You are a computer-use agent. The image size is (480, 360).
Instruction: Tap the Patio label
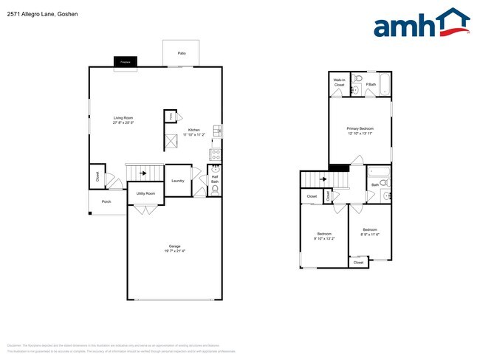click(181, 54)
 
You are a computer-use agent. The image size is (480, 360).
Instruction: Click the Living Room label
click(123, 118)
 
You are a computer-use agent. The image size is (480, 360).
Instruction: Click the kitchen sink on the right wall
click(216, 131)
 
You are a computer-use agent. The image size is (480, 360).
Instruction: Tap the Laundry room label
click(177, 181)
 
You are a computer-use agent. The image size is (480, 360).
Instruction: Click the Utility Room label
click(145, 193)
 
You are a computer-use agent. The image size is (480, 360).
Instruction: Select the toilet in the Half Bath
click(215, 190)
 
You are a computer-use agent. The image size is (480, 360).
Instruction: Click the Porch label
click(106, 201)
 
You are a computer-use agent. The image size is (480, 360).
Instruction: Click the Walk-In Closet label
click(339, 83)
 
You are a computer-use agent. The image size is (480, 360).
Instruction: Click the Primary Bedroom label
click(360, 128)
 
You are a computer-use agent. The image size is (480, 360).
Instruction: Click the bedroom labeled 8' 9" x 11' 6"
click(369, 232)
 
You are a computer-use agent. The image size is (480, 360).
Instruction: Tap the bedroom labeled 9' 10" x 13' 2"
click(324, 236)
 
